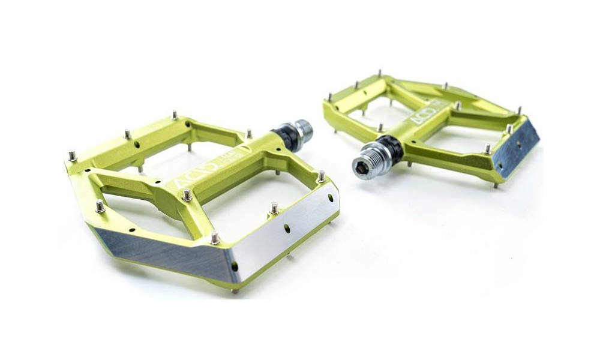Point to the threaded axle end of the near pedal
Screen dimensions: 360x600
click(x=303, y=131)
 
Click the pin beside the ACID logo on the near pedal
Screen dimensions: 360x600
click(x=187, y=194)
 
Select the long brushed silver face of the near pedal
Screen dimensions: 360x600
click(x=162, y=252)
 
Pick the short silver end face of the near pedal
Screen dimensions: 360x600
click(x=285, y=231)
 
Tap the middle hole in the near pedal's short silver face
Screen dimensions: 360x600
click(x=287, y=228)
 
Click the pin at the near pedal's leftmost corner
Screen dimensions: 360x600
click(x=73, y=156)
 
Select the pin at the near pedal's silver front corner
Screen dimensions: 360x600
click(x=214, y=238)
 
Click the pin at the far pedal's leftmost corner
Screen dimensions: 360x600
click(x=329, y=97)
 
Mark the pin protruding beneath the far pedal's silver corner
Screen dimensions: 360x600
click(x=496, y=185)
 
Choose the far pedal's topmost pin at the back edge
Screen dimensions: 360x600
click(x=379, y=73)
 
